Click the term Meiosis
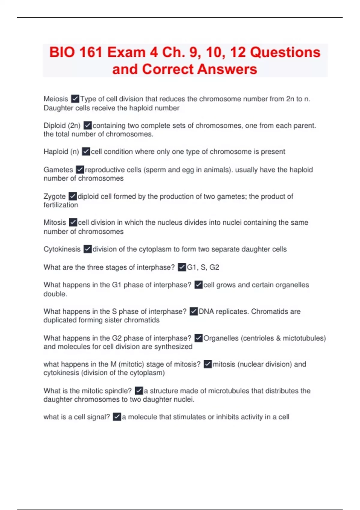pos(56,99)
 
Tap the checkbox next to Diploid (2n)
pos(87,125)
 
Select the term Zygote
pos(55,196)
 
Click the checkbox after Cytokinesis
pos(87,249)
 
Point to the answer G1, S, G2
pos(203,267)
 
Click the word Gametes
pos(58,170)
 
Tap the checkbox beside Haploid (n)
pos(86,152)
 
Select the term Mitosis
pos(55,223)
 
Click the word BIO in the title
pos(62,52)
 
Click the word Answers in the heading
pos(227,69)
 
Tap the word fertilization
pos(61,205)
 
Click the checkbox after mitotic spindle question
pos(139,391)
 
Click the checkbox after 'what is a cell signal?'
pos(117,417)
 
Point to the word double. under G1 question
pos(55,294)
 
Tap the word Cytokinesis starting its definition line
pos(62,249)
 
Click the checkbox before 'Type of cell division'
pos(75,99)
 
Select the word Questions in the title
pos(285,52)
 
